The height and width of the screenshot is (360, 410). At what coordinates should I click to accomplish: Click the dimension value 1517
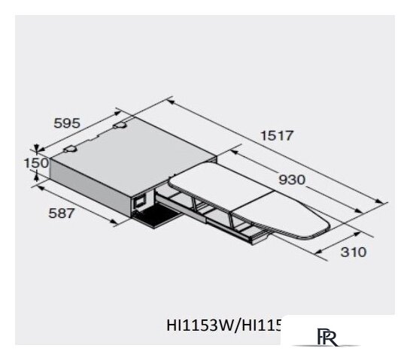[x=275, y=135]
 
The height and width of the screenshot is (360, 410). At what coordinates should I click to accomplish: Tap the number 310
[x=351, y=252]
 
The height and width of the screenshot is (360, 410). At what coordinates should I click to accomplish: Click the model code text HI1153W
[x=197, y=325]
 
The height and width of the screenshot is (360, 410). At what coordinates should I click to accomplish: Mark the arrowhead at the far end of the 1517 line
[x=383, y=201]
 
